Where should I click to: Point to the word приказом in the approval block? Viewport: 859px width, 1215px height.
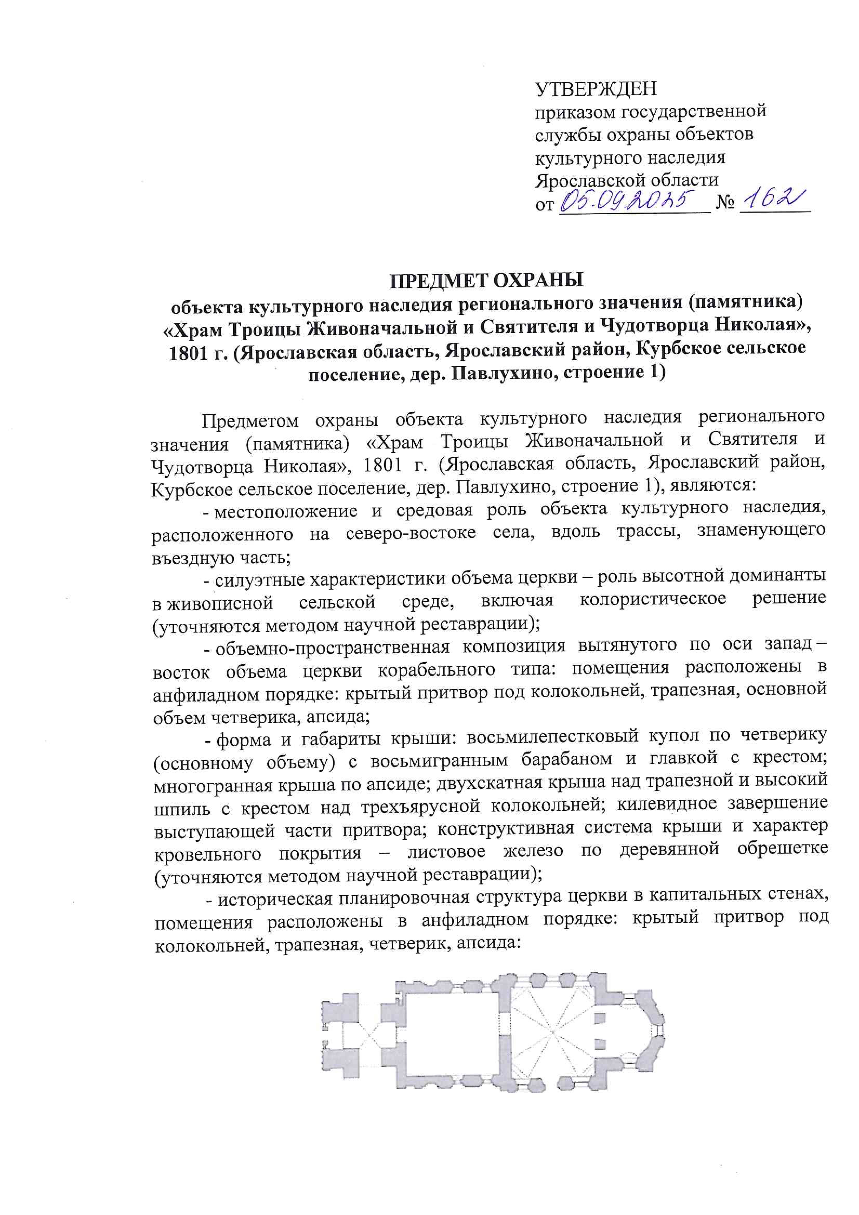(574, 112)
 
